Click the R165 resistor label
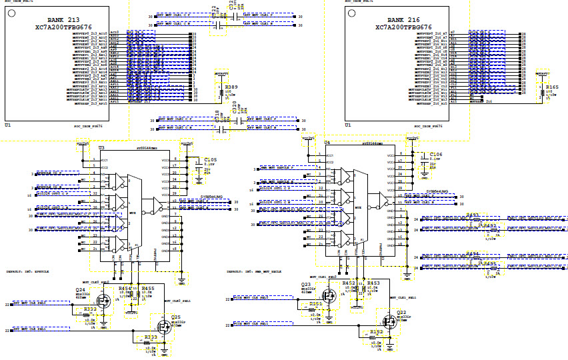[x=552, y=87]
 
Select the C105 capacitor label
[x=211, y=160]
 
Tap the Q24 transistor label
[x=79, y=289]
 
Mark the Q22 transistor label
[x=402, y=312]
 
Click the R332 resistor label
[x=90, y=309]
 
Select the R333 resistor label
[x=150, y=337]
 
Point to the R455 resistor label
[x=148, y=288]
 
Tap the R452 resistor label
[x=349, y=283]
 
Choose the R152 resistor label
[x=377, y=331]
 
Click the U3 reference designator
[x=101, y=147]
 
